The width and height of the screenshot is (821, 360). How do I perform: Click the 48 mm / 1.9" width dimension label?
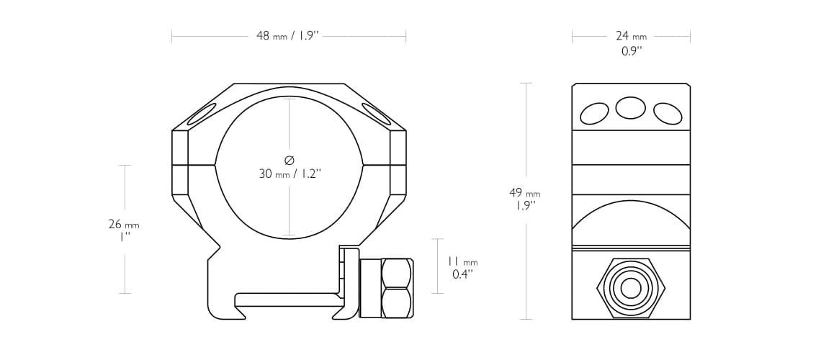point(287,36)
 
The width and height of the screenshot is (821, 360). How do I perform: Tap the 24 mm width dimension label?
point(631,36)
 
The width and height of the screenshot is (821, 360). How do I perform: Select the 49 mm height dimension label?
point(524,193)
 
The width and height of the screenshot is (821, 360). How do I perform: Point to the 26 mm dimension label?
point(124,225)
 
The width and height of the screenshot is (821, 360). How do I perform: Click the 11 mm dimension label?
point(463,261)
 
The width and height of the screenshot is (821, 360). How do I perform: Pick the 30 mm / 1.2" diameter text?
point(290,174)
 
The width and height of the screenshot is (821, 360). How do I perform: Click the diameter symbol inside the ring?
point(290,159)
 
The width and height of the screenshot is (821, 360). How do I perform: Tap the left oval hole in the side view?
point(594,114)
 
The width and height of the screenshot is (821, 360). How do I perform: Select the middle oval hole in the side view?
point(630,108)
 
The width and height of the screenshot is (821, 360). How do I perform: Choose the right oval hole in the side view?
point(668,114)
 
